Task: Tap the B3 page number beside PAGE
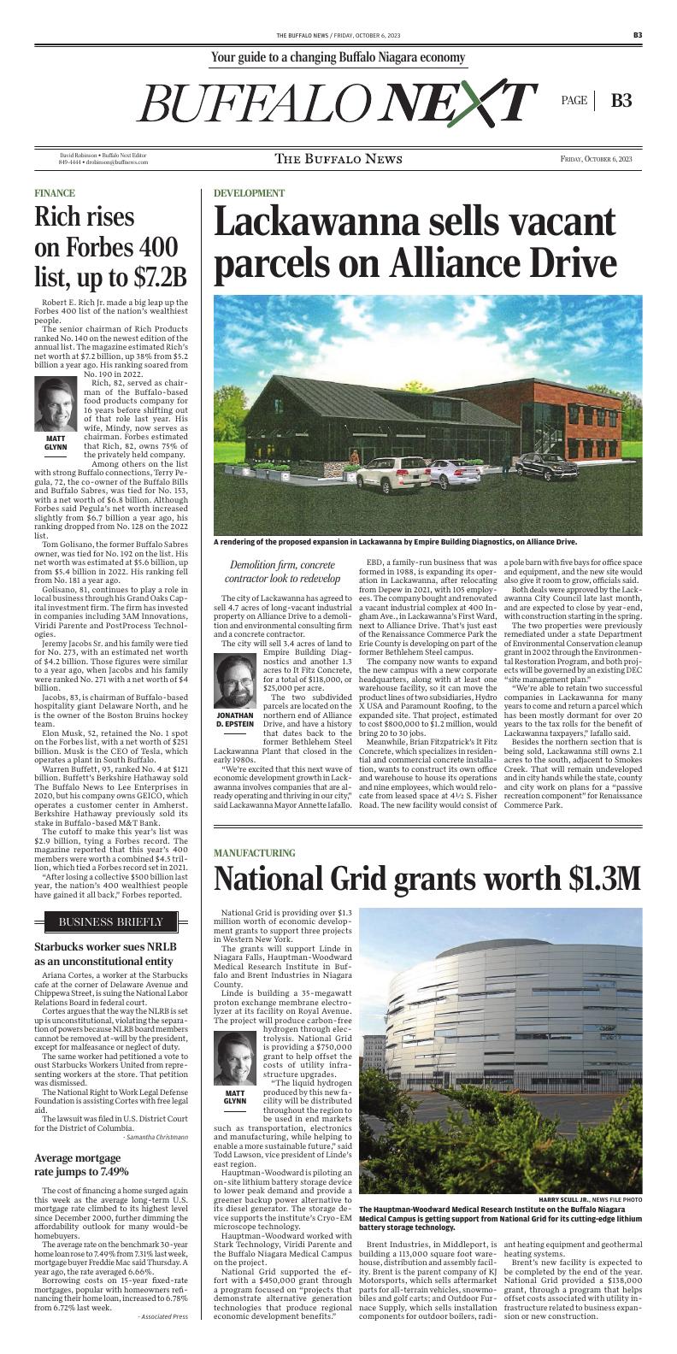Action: point(621,100)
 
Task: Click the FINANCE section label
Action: point(55,193)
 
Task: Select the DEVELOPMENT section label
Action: point(249,193)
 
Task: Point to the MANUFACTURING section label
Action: point(254,853)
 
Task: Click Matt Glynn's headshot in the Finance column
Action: point(56,404)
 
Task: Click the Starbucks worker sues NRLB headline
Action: point(103,954)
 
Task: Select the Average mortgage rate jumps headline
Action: point(81,1164)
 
